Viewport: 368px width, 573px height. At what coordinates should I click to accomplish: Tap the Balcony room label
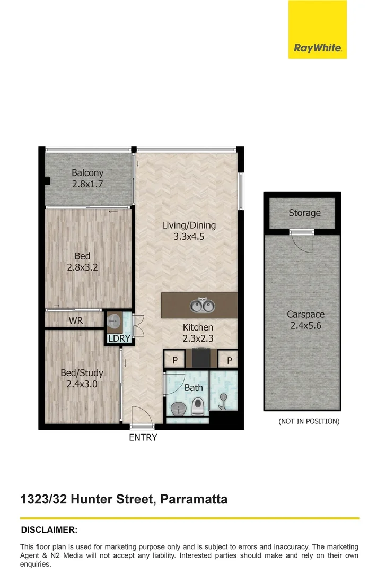[x=87, y=173]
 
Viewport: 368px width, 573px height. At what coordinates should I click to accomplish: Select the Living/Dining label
[x=189, y=225]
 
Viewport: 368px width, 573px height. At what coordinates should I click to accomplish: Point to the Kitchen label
[x=198, y=327]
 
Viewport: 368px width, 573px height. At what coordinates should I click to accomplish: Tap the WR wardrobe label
[x=75, y=320]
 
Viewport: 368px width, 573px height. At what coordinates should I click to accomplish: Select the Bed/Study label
[x=82, y=373]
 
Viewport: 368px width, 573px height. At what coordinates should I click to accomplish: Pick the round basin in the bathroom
[x=178, y=409]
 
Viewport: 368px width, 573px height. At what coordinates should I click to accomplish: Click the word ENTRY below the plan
[x=143, y=438]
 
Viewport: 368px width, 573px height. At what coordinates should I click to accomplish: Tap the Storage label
[x=304, y=213]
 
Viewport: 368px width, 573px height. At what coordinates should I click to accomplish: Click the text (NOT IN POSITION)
[x=309, y=421]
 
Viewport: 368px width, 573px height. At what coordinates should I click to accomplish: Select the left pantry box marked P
[x=174, y=360]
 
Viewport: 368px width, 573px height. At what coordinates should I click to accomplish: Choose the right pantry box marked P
[x=229, y=360]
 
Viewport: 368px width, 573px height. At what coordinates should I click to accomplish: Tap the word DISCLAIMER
[x=49, y=529]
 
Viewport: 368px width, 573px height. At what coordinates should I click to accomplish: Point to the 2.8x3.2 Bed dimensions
[x=82, y=267]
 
